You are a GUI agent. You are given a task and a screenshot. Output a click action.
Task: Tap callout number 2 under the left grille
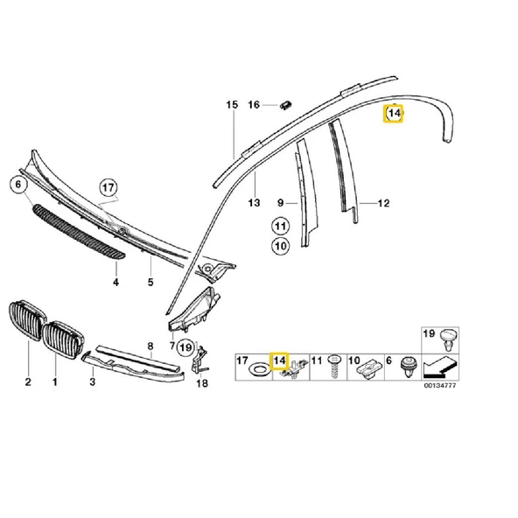[x=27, y=382]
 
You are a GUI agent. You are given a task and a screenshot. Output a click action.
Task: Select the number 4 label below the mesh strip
[x=115, y=283]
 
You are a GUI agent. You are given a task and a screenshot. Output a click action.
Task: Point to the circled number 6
[x=15, y=185]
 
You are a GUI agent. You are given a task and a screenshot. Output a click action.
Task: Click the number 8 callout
[x=150, y=346]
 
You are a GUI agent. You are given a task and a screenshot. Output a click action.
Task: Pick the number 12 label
[x=383, y=204]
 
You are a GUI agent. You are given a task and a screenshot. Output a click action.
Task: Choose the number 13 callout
[x=255, y=202]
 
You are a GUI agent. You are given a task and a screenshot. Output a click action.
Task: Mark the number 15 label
[x=232, y=105]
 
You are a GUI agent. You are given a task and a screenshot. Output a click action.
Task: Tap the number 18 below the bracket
[x=202, y=382]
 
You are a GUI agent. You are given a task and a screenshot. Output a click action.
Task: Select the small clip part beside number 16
[x=286, y=106]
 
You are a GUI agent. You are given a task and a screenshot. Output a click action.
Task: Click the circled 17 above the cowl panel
[x=108, y=187]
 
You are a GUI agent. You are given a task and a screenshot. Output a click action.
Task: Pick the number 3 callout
[x=94, y=382]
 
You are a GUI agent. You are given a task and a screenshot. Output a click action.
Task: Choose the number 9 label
[x=280, y=202]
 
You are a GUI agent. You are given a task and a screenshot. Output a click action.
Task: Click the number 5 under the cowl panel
[x=150, y=283]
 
